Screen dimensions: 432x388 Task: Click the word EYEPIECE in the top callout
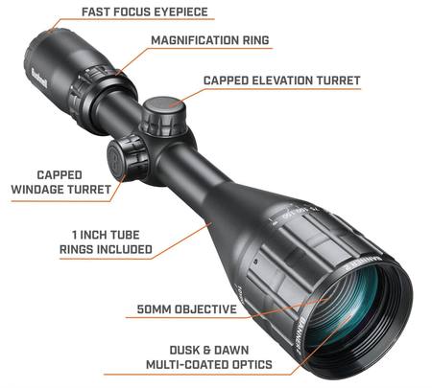(x=181, y=12)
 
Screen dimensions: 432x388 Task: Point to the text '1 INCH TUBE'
(x=106, y=235)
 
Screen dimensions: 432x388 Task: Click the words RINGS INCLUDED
(x=106, y=249)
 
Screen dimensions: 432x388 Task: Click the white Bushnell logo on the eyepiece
(x=39, y=80)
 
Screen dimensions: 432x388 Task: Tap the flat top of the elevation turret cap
(x=164, y=105)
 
